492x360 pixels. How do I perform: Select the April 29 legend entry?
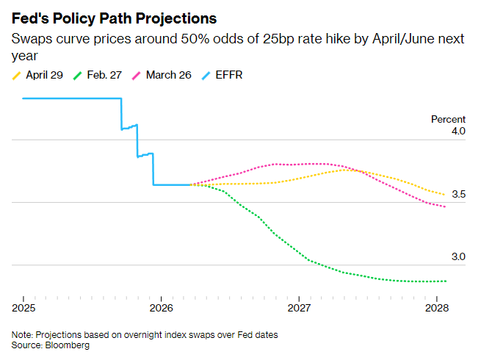tap(41, 74)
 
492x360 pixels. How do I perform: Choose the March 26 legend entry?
tap(166, 74)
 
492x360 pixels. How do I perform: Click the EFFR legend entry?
tap(224, 74)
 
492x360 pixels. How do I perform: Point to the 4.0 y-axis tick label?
tap(459, 132)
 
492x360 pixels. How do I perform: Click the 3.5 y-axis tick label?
tap(459, 194)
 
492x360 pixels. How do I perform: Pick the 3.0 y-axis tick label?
tap(459, 256)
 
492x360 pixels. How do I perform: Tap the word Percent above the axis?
tap(448, 119)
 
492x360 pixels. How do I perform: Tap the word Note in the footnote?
tap(21, 334)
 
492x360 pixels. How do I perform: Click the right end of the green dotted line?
tap(446, 281)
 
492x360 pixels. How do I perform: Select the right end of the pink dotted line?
tap(445, 207)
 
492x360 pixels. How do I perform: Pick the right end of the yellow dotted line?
tap(445, 195)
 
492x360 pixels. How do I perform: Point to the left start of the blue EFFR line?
tap(23, 98)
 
